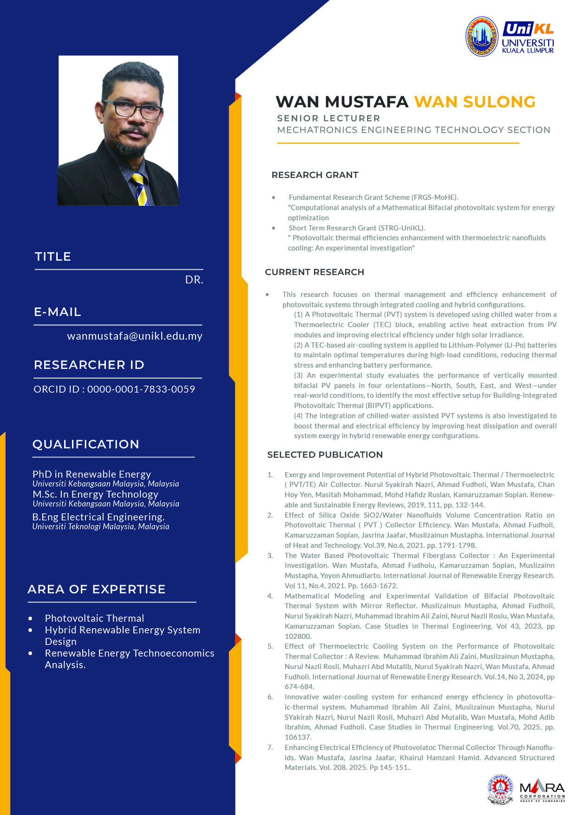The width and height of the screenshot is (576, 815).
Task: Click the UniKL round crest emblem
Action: point(482,36)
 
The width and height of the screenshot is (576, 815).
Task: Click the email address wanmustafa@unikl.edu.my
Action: point(135,336)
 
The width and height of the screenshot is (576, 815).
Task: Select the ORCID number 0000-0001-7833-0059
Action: point(141,389)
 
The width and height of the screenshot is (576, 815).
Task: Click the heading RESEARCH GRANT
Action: point(315,175)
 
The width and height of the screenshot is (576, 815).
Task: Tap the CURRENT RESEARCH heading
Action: point(314,272)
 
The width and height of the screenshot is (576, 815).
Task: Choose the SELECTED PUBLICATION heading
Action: point(325,455)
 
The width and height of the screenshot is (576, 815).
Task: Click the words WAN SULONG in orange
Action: point(475,102)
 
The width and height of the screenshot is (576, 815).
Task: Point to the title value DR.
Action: point(194,280)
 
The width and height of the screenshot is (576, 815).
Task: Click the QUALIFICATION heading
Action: point(86,444)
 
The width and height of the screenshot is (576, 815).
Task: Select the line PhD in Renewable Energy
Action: point(92,474)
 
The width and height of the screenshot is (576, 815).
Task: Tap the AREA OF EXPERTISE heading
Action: point(97,589)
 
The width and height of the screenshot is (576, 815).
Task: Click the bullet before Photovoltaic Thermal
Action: point(31,618)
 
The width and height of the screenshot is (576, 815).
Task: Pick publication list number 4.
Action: point(270,596)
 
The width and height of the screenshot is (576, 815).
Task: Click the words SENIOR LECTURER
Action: point(328,118)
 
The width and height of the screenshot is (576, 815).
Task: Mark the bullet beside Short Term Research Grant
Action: point(274,228)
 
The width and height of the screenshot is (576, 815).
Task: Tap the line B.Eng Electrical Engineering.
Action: point(98,517)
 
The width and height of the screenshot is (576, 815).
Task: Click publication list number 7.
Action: point(270,748)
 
